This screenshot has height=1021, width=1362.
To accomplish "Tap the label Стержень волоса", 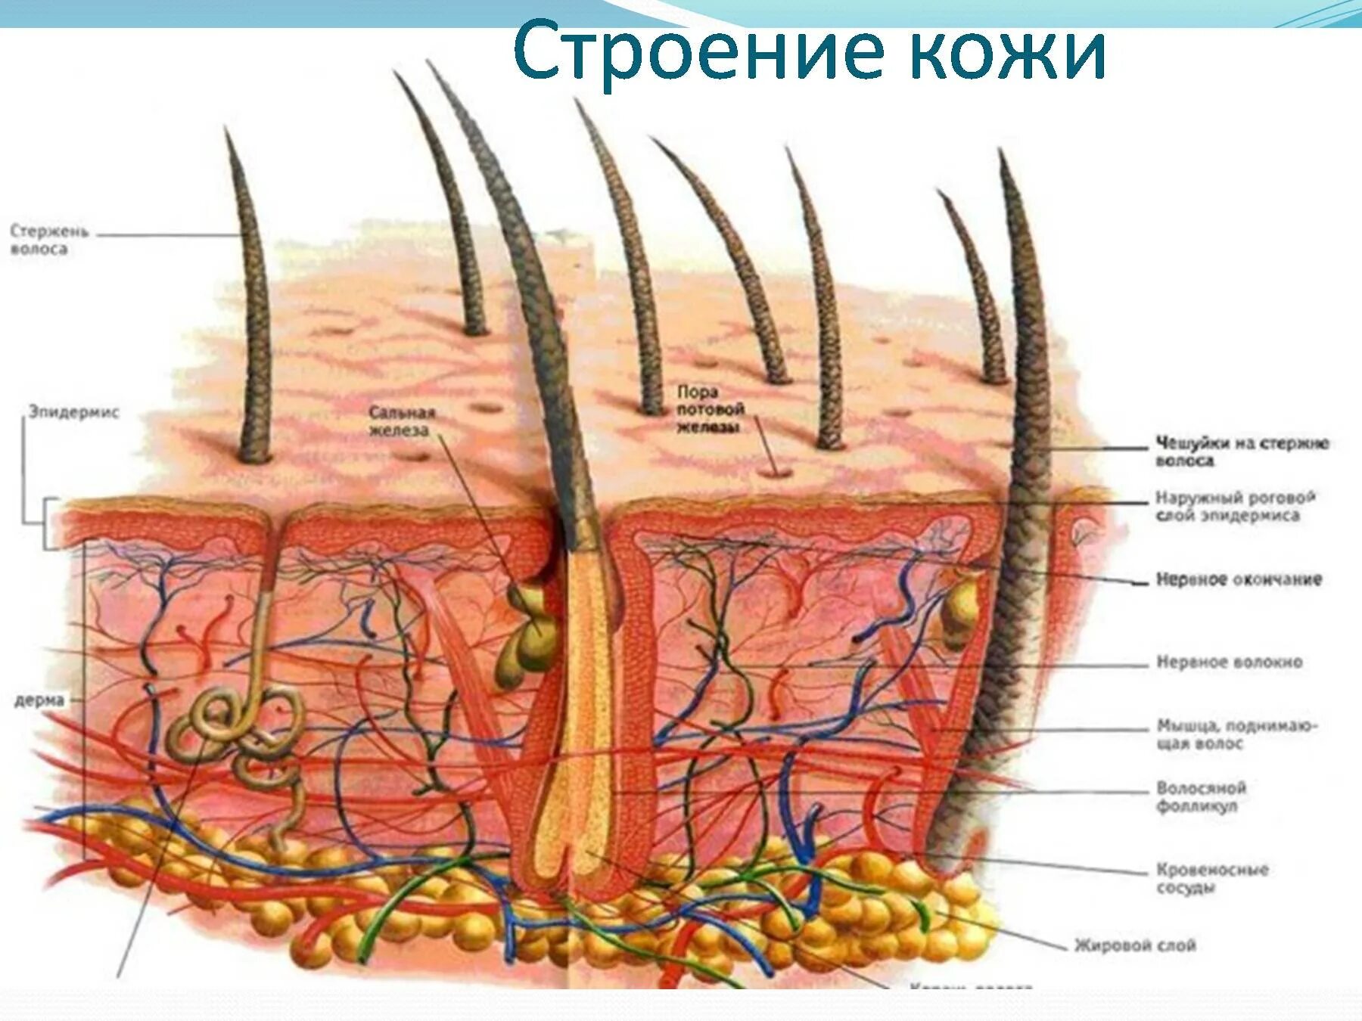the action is pyautogui.click(x=49, y=239).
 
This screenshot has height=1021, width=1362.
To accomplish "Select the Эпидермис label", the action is pyautogui.click(x=73, y=412).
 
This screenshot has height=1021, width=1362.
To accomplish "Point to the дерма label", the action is pyautogui.click(x=39, y=700).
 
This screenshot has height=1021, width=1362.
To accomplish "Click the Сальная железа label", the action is pyautogui.click(x=402, y=421).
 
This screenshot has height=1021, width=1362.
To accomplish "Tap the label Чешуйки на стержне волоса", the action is pyautogui.click(x=1242, y=452).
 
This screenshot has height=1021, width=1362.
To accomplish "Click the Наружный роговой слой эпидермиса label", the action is pyautogui.click(x=1234, y=507).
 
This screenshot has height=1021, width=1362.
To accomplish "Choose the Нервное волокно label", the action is pyautogui.click(x=1229, y=662).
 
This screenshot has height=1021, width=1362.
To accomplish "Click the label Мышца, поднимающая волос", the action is pyautogui.click(x=1237, y=734).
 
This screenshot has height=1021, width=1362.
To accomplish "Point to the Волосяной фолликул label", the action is pyautogui.click(x=1201, y=796).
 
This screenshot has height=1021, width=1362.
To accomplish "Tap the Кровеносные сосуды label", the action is pyautogui.click(x=1211, y=878).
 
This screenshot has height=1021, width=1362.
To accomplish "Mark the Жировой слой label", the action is pyautogui.click(x=1135, y=945).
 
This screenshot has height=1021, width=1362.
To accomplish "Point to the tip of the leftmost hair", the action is pyautogui.click(x=226, y=130).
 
